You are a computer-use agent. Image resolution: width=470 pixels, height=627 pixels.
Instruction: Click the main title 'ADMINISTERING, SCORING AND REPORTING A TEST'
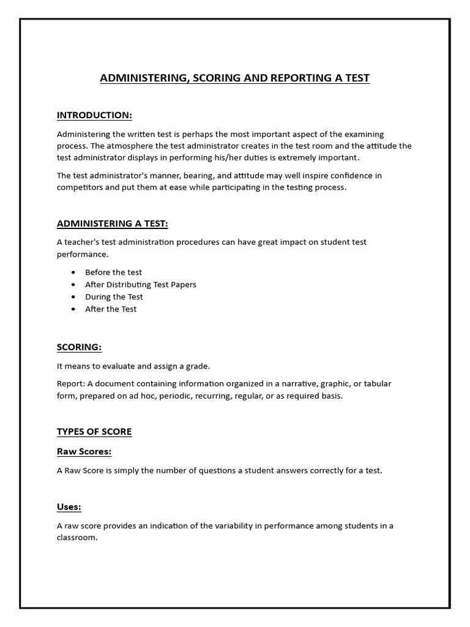[x=235, y=78]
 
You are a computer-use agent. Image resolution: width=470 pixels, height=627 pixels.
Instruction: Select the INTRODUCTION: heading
[x=94, y=115]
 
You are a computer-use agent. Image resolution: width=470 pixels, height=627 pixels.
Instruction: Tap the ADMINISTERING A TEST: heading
[x=112, y=223]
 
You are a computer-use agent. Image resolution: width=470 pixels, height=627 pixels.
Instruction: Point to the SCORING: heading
[x=79, y=347]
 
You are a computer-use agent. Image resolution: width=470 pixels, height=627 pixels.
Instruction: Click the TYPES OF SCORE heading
[x=94, y=432]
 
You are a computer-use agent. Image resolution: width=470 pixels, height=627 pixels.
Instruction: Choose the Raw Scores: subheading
[x=84, y=452]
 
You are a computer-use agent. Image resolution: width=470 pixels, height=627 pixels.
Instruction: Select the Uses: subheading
[x=69, y=507]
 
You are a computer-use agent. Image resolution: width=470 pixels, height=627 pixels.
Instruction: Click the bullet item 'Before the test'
[x=113, y=272]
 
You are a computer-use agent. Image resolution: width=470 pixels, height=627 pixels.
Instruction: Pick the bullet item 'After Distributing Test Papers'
[x=141, y=285]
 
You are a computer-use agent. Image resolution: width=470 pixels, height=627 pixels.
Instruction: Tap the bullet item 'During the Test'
[x=114, y=297]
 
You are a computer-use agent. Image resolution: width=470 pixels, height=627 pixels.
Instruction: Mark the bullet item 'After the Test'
[x=111, y=309]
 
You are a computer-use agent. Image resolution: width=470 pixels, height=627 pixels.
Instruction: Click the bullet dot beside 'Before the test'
[x=74, y=272]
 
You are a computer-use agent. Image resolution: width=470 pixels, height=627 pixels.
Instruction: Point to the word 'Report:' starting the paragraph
[x=71, y=384]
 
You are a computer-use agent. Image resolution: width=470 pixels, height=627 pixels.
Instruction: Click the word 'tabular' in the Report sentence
[x=377, y=384]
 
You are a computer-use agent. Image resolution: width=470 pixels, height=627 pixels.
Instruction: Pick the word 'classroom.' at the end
[x=77, y=538]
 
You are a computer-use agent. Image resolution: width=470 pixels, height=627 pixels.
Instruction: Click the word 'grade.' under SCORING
[x=197, y=366]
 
